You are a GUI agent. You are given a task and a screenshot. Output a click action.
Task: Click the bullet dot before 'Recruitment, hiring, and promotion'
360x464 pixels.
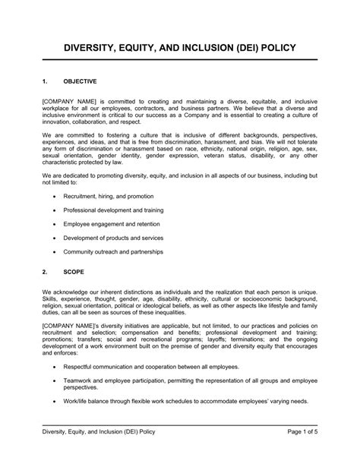(55, 197)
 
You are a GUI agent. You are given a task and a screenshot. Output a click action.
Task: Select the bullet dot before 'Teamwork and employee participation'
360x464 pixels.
(55, 385)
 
